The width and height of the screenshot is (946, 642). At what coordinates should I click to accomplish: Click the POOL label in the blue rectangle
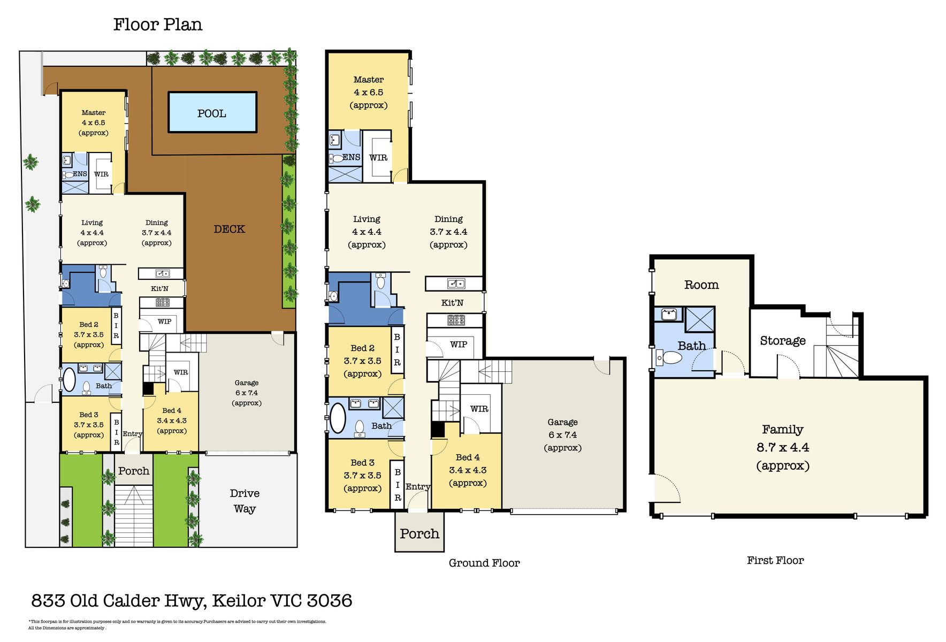pos(212,113)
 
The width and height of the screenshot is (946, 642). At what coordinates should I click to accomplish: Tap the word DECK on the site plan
pos(229,229)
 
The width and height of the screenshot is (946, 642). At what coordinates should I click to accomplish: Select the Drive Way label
pos(245,501)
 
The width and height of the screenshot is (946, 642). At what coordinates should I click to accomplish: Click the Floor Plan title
pos(158,25)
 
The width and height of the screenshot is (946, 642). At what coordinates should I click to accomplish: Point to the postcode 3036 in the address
pos(329,600)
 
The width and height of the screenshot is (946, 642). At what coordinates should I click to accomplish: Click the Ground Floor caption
pos(484,563)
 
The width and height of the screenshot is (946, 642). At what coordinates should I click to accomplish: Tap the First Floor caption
pos(775,560)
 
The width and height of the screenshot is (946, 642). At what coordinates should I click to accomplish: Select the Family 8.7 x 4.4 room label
pos(782,447)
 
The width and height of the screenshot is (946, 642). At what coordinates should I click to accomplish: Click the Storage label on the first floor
pos(782,341)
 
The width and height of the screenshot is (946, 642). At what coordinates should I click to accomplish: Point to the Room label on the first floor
pos(701,285)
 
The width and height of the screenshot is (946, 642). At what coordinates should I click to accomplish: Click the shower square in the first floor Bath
pos(700,319)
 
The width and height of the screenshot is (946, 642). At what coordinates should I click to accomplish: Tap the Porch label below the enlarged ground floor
pos(419,533)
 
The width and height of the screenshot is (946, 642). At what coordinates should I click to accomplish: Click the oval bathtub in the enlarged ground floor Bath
pos(338,418)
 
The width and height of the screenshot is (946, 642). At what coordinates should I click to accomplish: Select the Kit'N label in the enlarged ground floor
pos(452,303)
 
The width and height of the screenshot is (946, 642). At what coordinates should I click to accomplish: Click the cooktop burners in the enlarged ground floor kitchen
pos(456,320)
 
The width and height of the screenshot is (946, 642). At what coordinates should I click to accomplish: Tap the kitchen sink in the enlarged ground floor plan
pos(456,284)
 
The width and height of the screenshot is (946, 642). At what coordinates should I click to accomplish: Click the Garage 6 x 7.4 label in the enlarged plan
pos(562,434)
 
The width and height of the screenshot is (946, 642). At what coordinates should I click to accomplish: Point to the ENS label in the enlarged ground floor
pos(351,157)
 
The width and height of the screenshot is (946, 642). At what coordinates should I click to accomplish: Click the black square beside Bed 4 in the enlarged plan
pos(438,430)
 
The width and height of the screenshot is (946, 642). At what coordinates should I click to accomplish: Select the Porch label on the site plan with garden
pos(133,471)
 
